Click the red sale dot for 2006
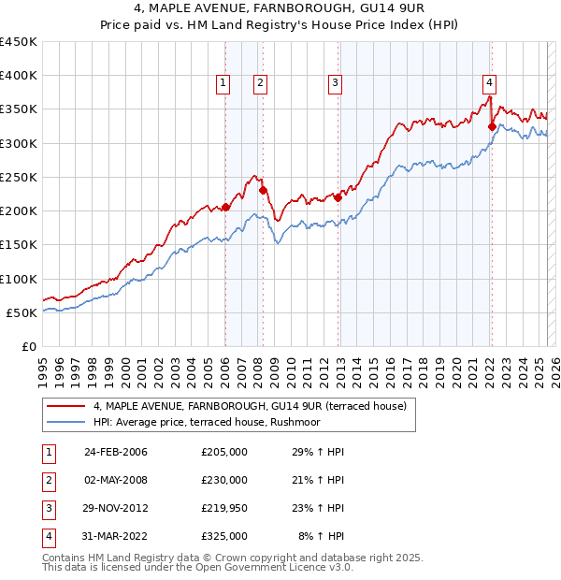225,208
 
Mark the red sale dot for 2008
263,191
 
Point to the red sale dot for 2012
338,197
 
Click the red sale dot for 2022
492,126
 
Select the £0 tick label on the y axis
30,347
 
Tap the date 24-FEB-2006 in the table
115,452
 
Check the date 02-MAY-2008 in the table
115,480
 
